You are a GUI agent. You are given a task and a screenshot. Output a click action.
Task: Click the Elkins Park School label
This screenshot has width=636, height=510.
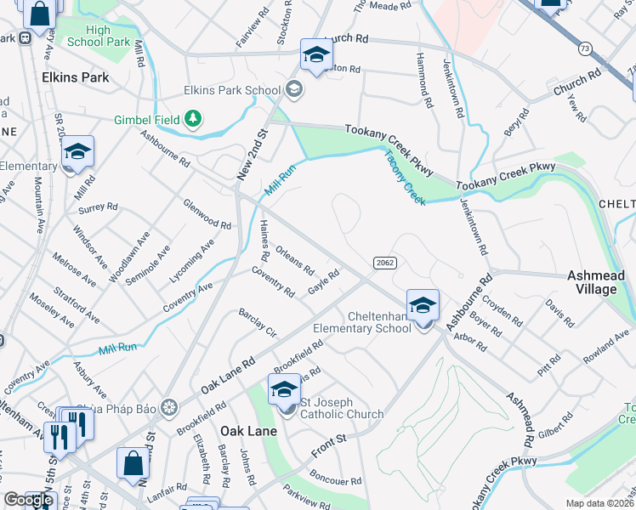pyautogui.click(x=232, y=90)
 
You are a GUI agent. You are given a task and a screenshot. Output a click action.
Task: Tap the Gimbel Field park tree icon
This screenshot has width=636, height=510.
pyautogui.click(x=194, y=120)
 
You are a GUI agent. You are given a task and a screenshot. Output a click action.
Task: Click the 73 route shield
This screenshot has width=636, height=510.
pyautogui.click(x=585, y=48)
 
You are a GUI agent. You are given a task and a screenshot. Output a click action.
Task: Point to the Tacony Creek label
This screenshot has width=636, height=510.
pyautogui.click(x=405, y=177)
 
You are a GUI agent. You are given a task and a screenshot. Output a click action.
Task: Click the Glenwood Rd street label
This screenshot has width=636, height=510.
pyautogui.click(x=207, y=215)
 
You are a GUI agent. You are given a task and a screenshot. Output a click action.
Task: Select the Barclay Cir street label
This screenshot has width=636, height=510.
pyautogui.click(x=258, y=323)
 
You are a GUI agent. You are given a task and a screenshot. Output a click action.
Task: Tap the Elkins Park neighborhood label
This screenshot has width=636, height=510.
pyautogui.click(x=76, y=77)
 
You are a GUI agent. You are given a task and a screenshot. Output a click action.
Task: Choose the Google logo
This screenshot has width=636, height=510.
pyautogui.click(x=28, y=500)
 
